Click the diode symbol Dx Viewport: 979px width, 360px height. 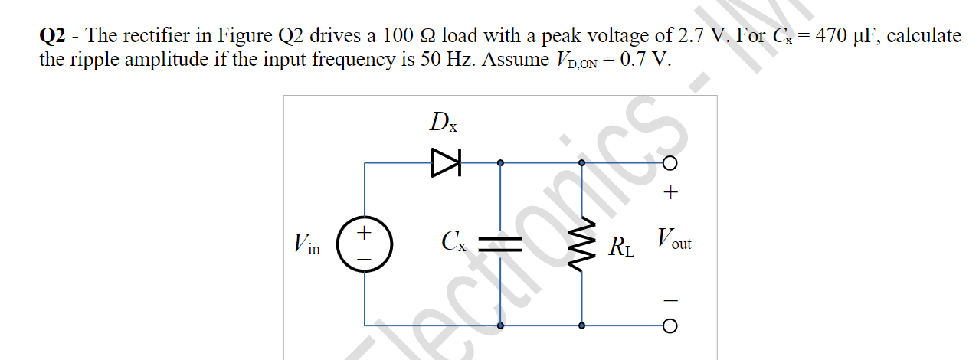point(445,162)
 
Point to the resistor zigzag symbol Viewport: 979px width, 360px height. point(581,244)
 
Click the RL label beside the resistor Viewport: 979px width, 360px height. point(621,247)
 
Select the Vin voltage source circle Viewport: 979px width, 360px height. point(365,244)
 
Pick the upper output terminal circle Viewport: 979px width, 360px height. point(670,163)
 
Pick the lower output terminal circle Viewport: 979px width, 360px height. point(670,326)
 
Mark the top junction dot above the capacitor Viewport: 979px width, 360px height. point(500,162)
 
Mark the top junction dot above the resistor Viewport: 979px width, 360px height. point(581,162)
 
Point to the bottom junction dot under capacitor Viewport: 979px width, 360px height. point(500,326)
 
